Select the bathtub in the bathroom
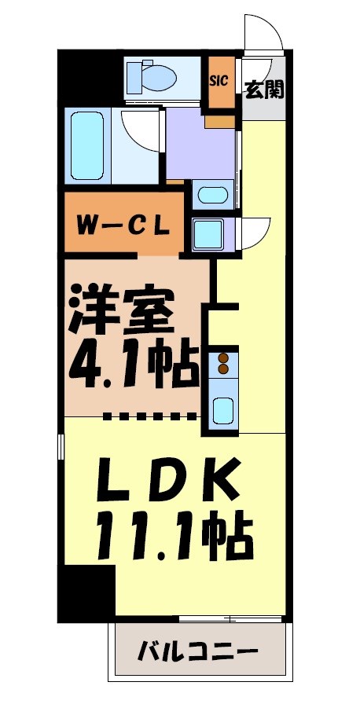[86, 145]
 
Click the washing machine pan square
[208, 233]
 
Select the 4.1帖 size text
[134, 365]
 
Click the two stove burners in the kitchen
[223, 362]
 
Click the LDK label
[168, 482]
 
